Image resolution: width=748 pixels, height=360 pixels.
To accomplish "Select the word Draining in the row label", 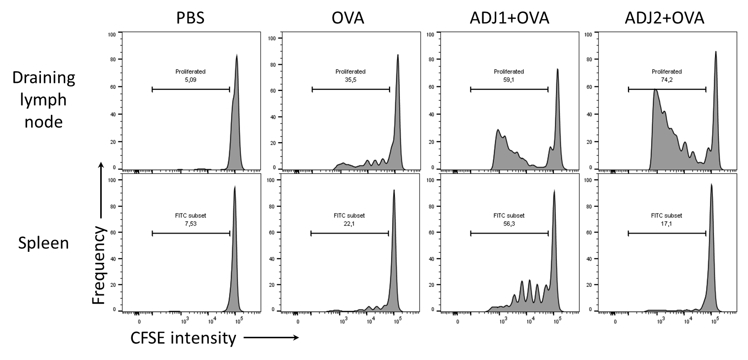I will pos(44,78).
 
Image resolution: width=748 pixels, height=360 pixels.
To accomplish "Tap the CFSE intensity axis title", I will pos(183,338).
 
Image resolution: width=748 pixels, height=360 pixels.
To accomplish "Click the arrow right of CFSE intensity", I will pos(271,338).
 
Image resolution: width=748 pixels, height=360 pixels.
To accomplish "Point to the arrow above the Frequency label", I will pos(100,190).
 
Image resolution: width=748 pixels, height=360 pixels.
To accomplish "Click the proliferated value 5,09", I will pos(191,78).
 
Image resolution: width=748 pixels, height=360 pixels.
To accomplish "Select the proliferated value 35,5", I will pos(351,78).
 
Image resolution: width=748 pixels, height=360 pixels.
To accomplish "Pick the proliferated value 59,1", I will pos(509,78).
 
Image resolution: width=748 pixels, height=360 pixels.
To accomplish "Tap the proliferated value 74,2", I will pos(667,78).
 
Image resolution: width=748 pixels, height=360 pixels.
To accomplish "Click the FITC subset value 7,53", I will pos(191,222).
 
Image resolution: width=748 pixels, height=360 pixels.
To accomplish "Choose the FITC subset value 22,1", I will pos(349,222).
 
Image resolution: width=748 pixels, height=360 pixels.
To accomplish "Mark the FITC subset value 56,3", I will pos(509,222).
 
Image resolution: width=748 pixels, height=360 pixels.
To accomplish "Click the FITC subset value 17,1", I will pos(667,222).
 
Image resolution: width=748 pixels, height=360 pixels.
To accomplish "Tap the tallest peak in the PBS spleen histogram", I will pos(235,188).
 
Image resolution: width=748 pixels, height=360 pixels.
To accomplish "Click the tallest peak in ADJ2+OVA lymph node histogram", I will pos(715,52).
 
